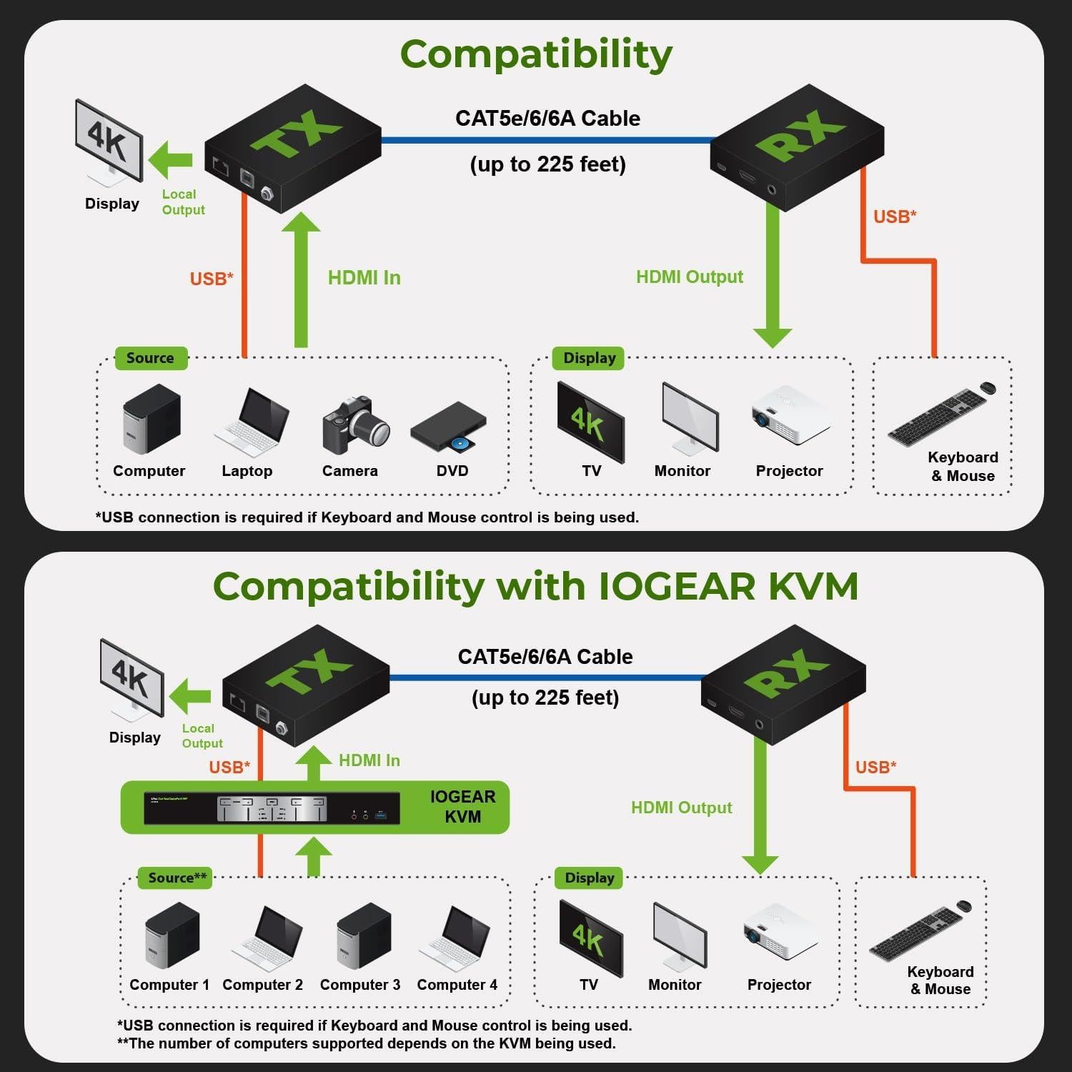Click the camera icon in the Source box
click(x=355, y=426)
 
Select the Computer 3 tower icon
click(x=363, y=937)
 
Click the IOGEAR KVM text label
click(x=462, y=807)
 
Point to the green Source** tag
click(x=177, y=878)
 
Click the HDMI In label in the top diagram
click(x=364, y=278)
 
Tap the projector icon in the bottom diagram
click(x=780, y=932)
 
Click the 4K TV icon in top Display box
click(x=590, y=422)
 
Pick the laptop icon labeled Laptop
click(x=252, y=422)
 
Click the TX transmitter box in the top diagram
click(x=292, y=148)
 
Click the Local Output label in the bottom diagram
click(x=202, y=736)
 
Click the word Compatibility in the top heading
click(x=536, y=54)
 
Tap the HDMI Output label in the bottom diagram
click(x=681, y=808)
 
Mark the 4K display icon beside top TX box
click(x=109, y=142)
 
